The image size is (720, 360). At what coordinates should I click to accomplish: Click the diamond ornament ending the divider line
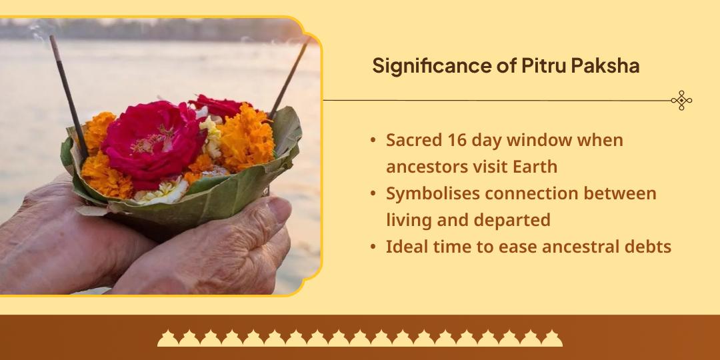[x=681, y=100]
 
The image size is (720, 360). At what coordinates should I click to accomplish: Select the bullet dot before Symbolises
[x=373, y=194]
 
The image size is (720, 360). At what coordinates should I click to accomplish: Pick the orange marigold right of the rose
[x=247, y=137]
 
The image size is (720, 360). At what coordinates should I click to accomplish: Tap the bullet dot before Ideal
[x=373, y=247]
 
